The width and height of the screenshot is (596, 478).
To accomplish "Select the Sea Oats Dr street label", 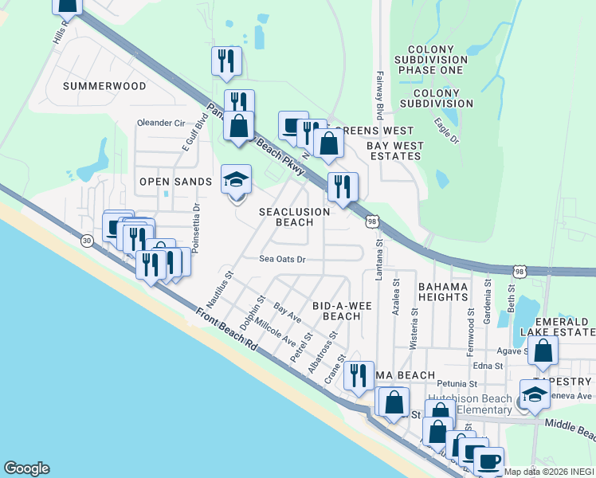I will [x=283, y=259].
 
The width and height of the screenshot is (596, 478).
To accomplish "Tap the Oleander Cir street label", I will [x=161, y=123].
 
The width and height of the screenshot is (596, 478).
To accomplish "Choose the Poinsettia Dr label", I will [x=196, y=226].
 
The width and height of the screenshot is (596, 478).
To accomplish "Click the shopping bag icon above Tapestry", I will [x=543, y=351].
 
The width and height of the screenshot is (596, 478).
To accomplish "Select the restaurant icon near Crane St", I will [x=359, y=374].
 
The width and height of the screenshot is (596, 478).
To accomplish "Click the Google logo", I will [x=26, y=468].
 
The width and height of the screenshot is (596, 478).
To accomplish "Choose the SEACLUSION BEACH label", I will [x=294, y=217].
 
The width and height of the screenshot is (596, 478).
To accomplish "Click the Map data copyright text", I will [x=549, y=472].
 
